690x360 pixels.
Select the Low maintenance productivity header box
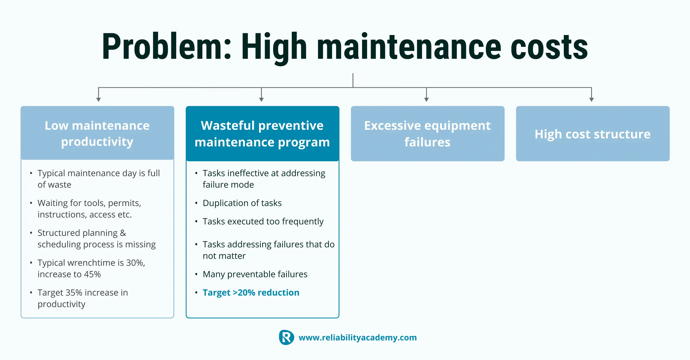(97, 133)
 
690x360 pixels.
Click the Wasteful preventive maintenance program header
(262, 133)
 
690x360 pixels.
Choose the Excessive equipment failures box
(428, 133)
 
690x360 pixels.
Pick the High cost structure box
(593, 133)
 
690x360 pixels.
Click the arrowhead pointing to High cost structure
(591, 100)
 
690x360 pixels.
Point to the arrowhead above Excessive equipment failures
(426, 100)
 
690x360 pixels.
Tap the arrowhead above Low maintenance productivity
(99, 100)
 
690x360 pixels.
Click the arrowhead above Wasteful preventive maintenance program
(261, 100)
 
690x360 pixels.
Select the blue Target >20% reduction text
(251, 293)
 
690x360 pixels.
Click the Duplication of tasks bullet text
(242, 203)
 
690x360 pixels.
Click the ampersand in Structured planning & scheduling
(123, 233)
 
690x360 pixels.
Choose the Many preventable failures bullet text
(255, 274)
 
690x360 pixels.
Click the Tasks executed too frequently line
(263, 221)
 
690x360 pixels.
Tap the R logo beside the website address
(286, 337)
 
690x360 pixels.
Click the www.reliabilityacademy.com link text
(358, 338)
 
